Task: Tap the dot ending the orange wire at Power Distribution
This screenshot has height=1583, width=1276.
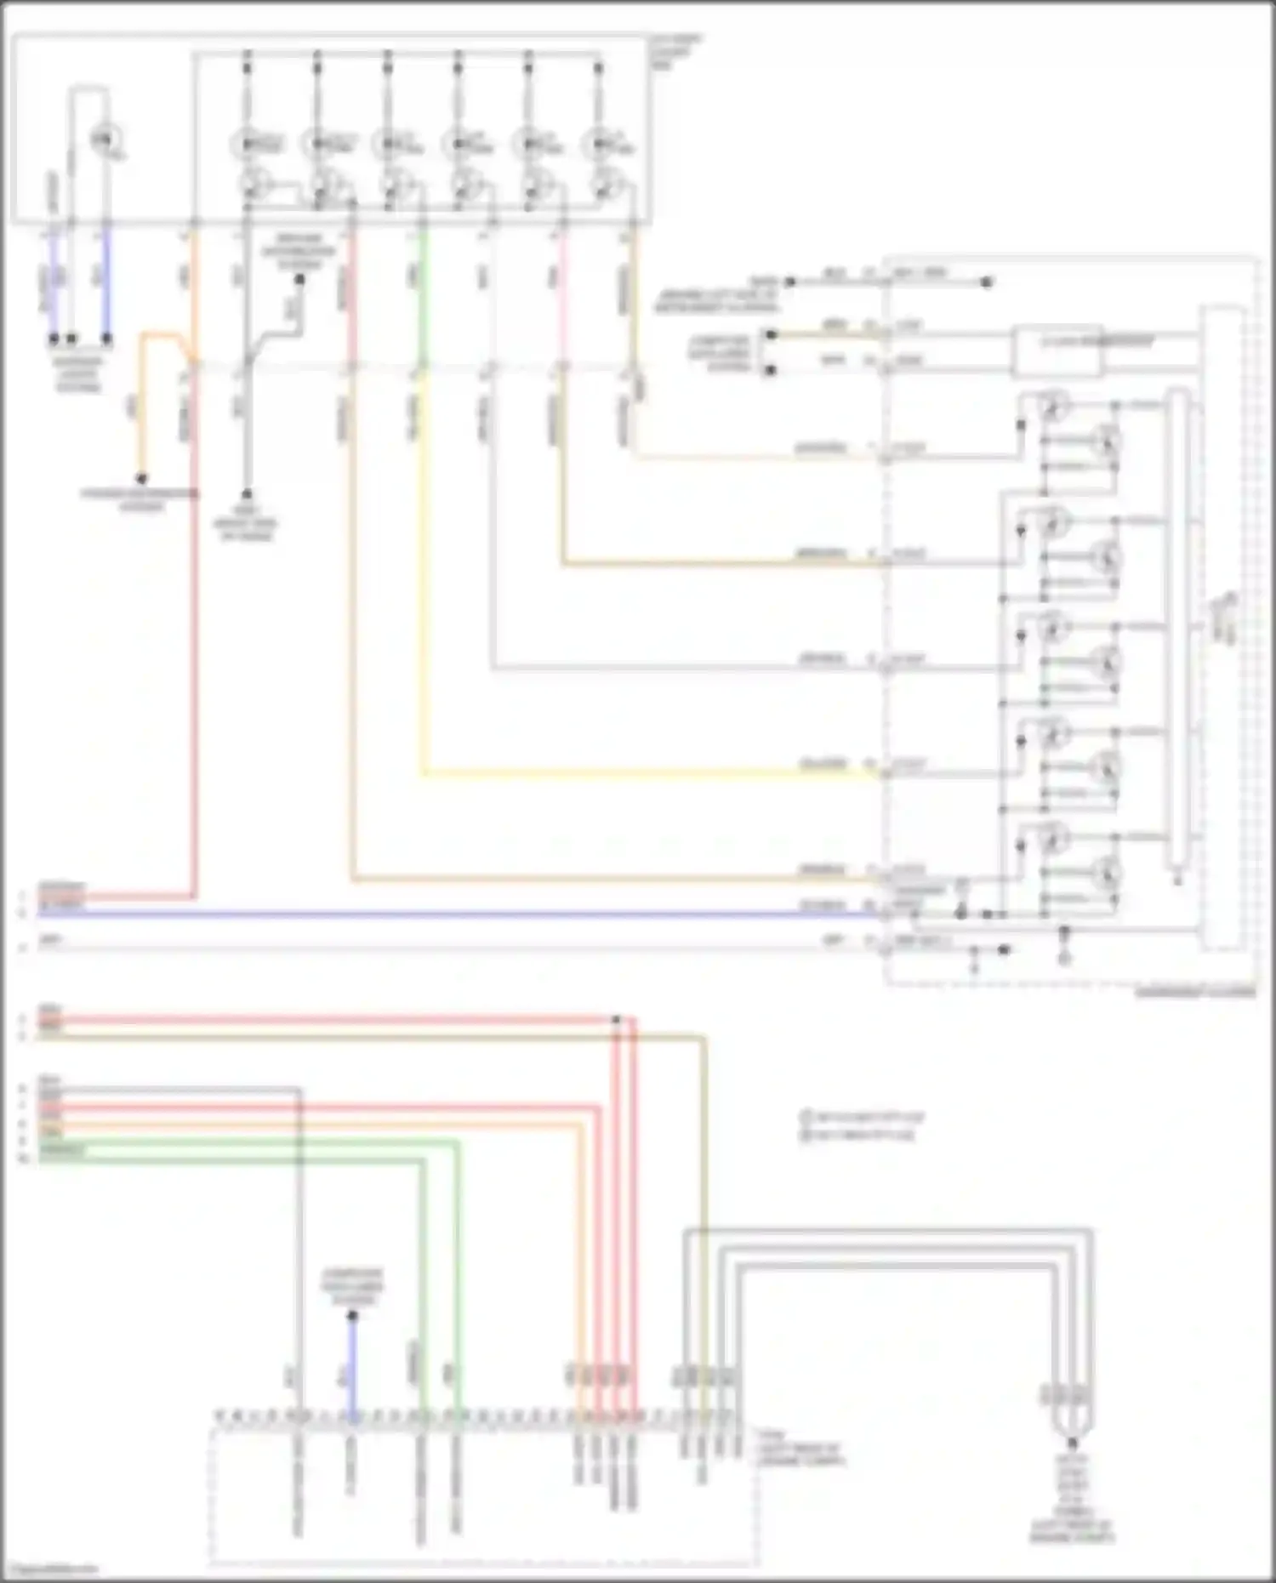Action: [142, 479]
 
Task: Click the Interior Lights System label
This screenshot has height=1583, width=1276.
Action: [78, 374]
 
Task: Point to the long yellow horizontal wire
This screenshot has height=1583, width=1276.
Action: [647, 773]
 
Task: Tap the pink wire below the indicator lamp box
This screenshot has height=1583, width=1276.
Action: [561, 289]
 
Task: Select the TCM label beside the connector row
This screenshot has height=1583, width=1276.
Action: [800, 1455]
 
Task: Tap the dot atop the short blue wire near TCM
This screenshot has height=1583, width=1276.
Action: [352, 1316]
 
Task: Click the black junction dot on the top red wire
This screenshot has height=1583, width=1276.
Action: [617, 1018]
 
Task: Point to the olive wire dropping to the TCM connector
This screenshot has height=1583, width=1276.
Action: [704, 1191]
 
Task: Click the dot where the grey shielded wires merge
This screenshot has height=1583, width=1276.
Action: [1072, 1443]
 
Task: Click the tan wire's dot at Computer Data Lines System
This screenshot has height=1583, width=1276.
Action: [771, 335]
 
